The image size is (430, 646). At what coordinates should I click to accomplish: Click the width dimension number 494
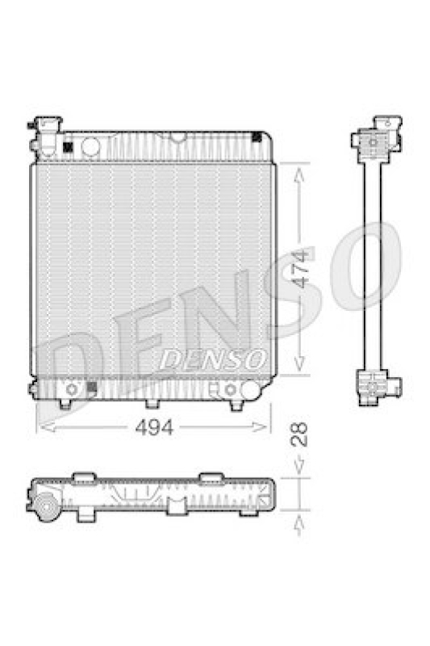click(156, 429)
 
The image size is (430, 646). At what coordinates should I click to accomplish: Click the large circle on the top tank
click(90, 146)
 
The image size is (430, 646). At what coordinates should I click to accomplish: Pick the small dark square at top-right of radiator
click(257, 136)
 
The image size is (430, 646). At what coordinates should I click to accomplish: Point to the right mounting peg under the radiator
click(236, 403)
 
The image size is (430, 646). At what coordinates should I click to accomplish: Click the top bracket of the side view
click(376, 141)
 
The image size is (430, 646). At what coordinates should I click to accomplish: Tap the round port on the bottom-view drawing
click(45, 509)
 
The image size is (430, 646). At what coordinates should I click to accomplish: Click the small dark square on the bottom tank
click(90, 388)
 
